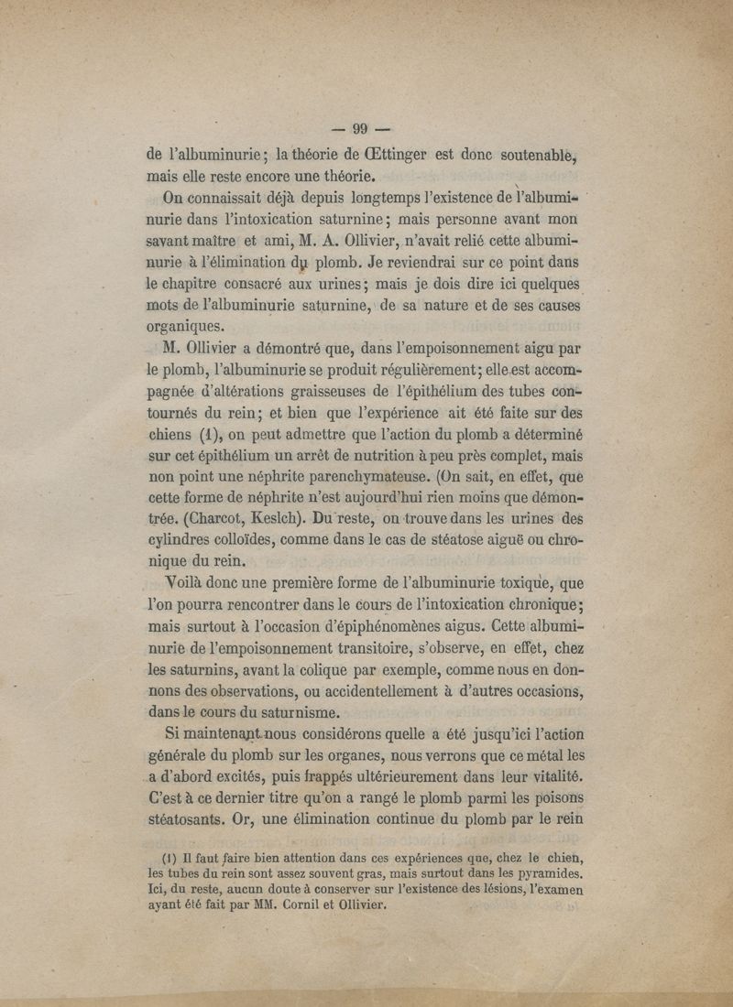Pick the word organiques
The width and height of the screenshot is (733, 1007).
coord(184,327)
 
